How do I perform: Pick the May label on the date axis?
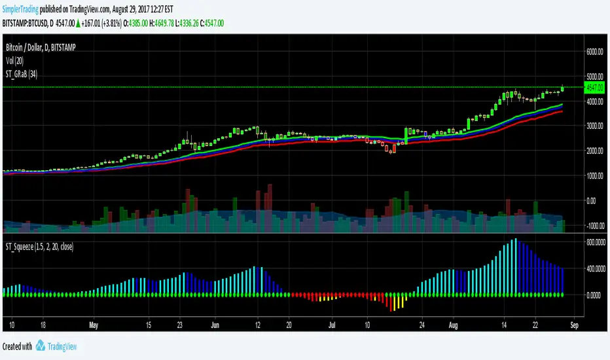coord(93,324)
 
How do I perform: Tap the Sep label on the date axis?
coord(573,324)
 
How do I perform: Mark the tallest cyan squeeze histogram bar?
coord(515,266)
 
